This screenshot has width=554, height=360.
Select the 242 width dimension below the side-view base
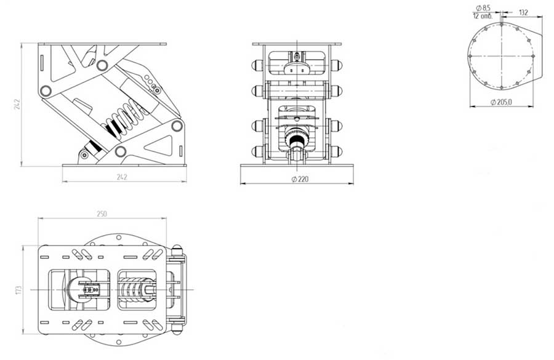click(x=122, y=177)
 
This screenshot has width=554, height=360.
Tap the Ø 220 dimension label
click(x=300, y=179)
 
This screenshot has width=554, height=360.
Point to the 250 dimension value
click(x=102, y=214)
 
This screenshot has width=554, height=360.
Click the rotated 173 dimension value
click(x=19, y=290)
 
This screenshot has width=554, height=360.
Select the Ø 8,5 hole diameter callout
click(x=483, y=8)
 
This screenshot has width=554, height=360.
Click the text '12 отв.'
click(x=483, y=16)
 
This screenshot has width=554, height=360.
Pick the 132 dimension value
click(x=523, y=13)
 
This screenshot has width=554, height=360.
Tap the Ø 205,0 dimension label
click(x=501, y=102)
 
